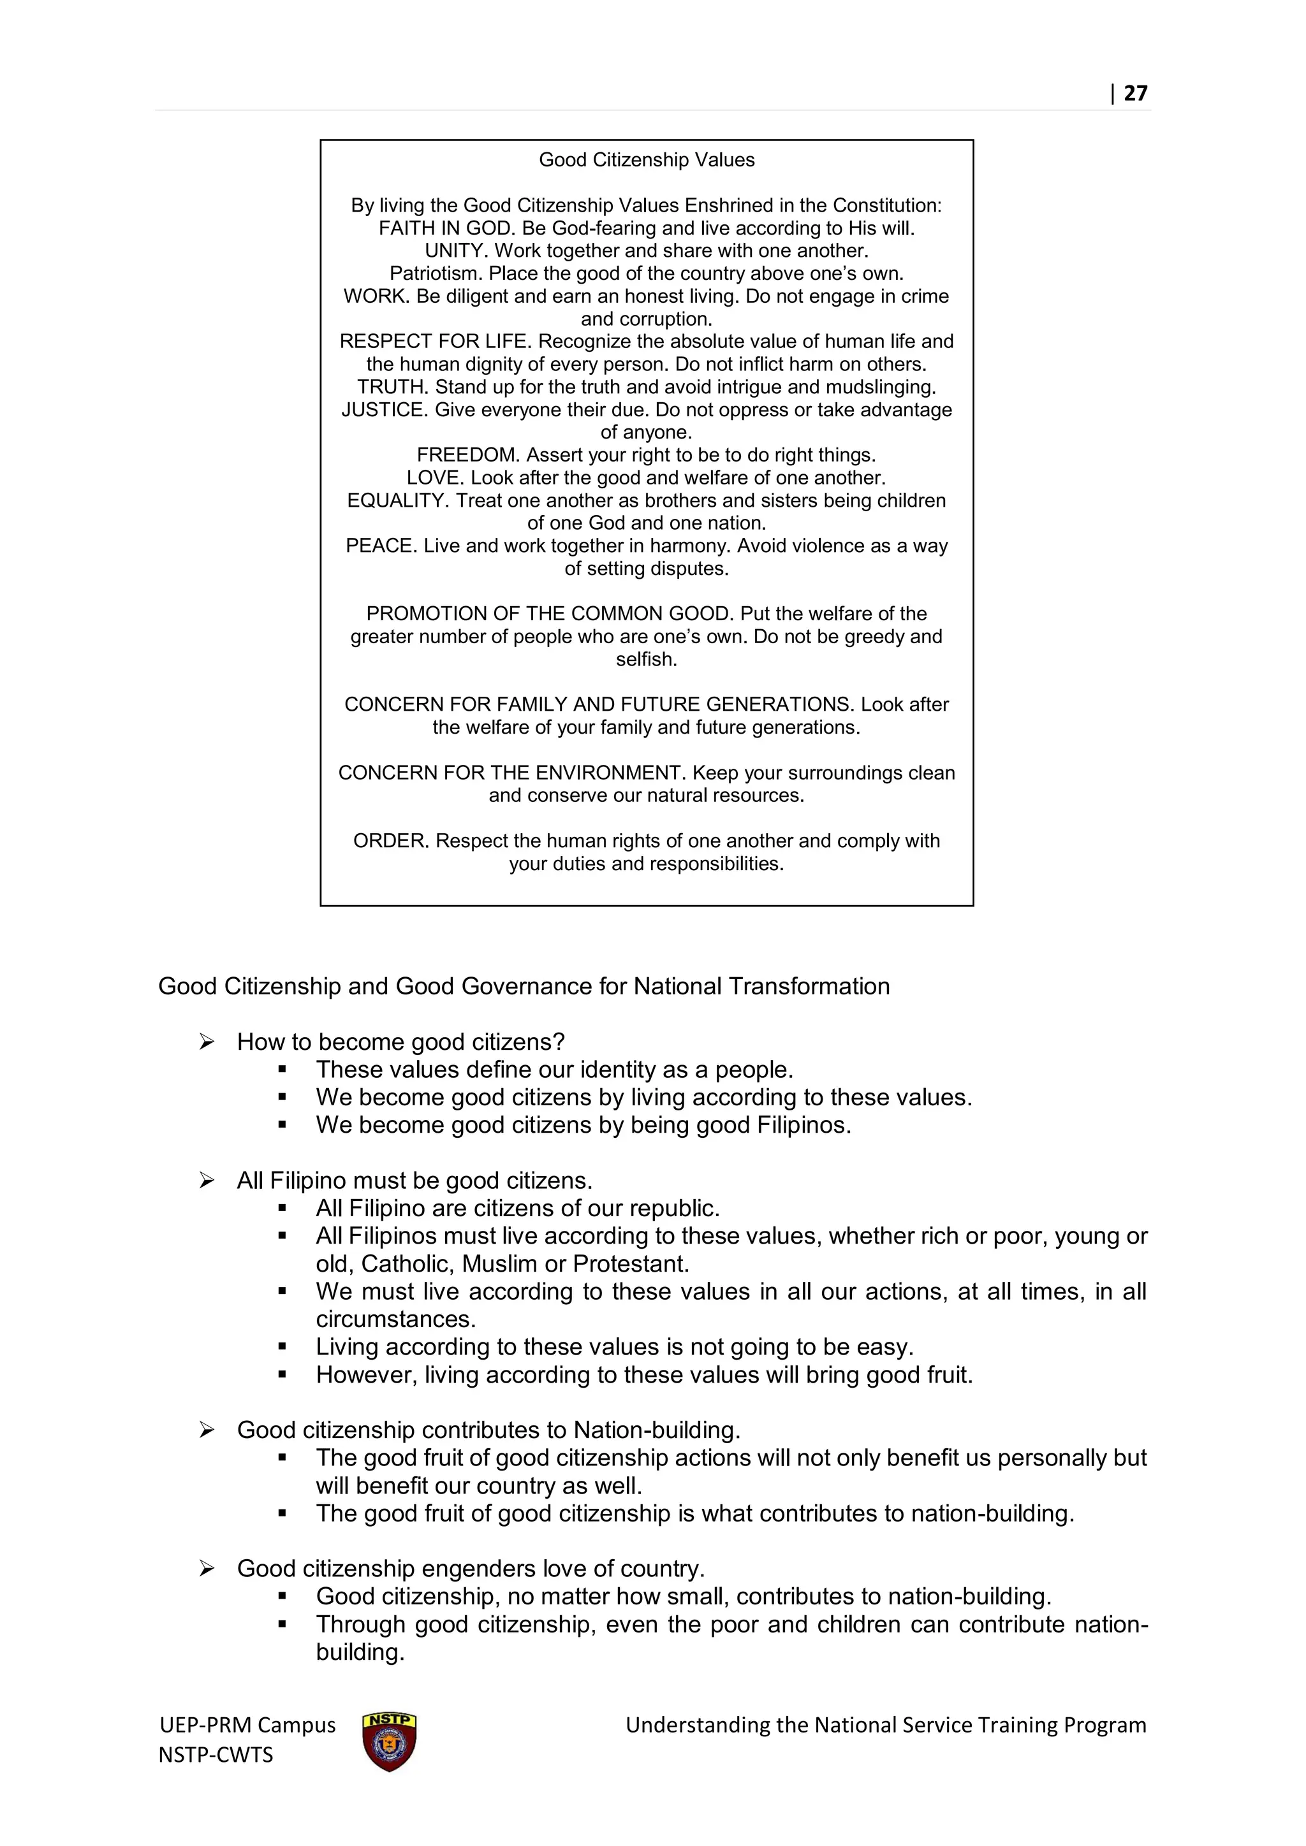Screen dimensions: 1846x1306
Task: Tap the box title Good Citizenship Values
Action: (647, 160)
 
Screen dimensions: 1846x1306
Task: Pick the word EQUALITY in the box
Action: (397, 500)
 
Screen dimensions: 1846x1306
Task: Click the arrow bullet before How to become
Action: (207, 1042)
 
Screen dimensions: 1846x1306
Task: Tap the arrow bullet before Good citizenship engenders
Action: (207, 1569)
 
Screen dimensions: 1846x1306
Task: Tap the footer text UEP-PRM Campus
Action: (247, 1725)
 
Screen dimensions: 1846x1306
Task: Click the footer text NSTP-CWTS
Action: (216, 1754)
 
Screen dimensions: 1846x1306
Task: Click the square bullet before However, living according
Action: (282, 1375)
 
